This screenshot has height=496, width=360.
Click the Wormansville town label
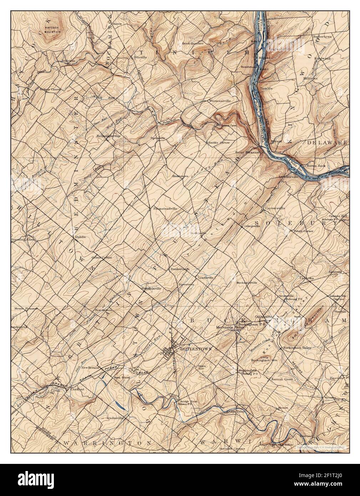coord(220,101)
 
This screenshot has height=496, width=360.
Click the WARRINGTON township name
coord(96,443)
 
